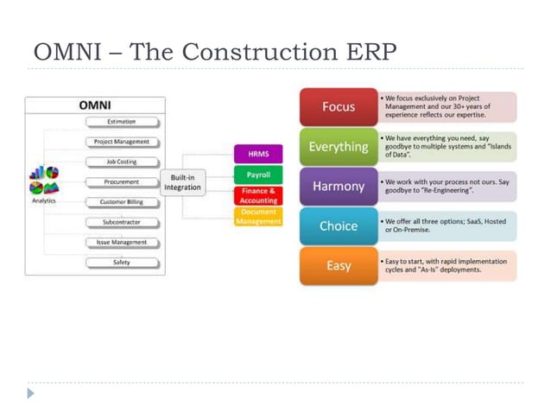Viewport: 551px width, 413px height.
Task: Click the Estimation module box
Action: click(121, 122)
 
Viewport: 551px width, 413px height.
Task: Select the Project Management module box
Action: click(121, 142)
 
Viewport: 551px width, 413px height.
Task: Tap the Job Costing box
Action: click(121, 162)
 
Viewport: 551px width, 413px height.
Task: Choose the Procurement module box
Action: click(121, 182)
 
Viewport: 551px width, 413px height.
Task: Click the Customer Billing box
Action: click(121, 202)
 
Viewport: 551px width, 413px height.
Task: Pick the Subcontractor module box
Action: click(121, 222)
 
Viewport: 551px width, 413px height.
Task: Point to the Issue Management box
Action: click(121, 243)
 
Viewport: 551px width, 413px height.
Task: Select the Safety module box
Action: click(121, 263)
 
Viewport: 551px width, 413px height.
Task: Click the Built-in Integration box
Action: click(182, 182)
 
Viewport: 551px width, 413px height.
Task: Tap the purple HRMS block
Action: click(258, 155)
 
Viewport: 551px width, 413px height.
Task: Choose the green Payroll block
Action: click(258, 175)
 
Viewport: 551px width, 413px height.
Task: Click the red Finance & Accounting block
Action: click(258, 195)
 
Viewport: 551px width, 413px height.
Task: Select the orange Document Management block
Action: click(258, 216)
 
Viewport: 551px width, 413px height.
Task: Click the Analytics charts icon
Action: click(44, 180)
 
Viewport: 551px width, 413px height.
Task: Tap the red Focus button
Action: click(339, 107)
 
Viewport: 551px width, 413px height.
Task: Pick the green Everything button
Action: click(339, 147)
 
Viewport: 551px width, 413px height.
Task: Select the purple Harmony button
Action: click(339, 187)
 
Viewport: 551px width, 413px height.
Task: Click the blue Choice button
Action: click(339, 226)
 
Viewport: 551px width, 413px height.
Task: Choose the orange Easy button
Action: click(339, 266)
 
